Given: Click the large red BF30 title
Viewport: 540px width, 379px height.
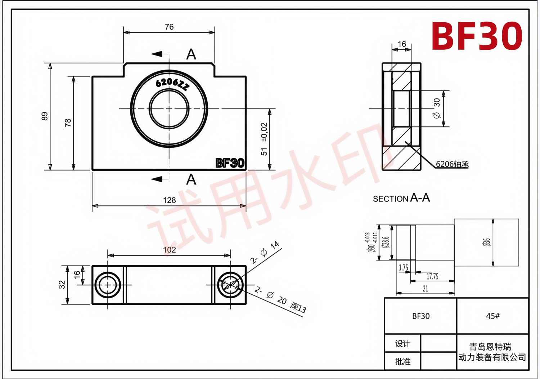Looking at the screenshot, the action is click(x=477, y=36).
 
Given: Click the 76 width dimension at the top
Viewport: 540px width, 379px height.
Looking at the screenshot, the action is click(x=169, y=27).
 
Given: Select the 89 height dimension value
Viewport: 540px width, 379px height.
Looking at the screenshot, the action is click(x=45, y=116).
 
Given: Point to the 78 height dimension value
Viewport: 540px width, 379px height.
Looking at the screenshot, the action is click(x=68, y=123).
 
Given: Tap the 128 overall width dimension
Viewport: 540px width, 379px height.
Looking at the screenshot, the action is click(x=170, y=200).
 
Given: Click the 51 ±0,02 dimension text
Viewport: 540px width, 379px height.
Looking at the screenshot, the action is click(x=264, y=139).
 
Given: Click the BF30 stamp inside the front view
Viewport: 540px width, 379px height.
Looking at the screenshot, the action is click(x=230, y=163).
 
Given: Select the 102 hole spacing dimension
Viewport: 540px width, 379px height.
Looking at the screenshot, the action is click(x=170, y=250).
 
